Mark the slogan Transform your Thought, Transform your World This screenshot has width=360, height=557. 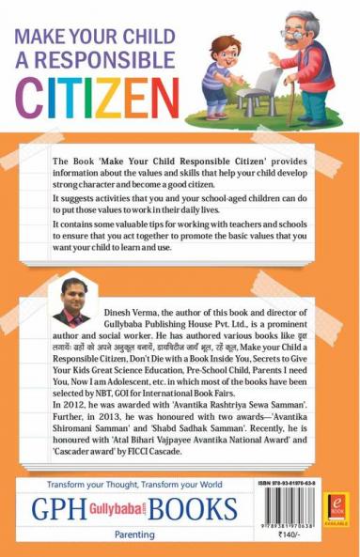coord(130,487)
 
